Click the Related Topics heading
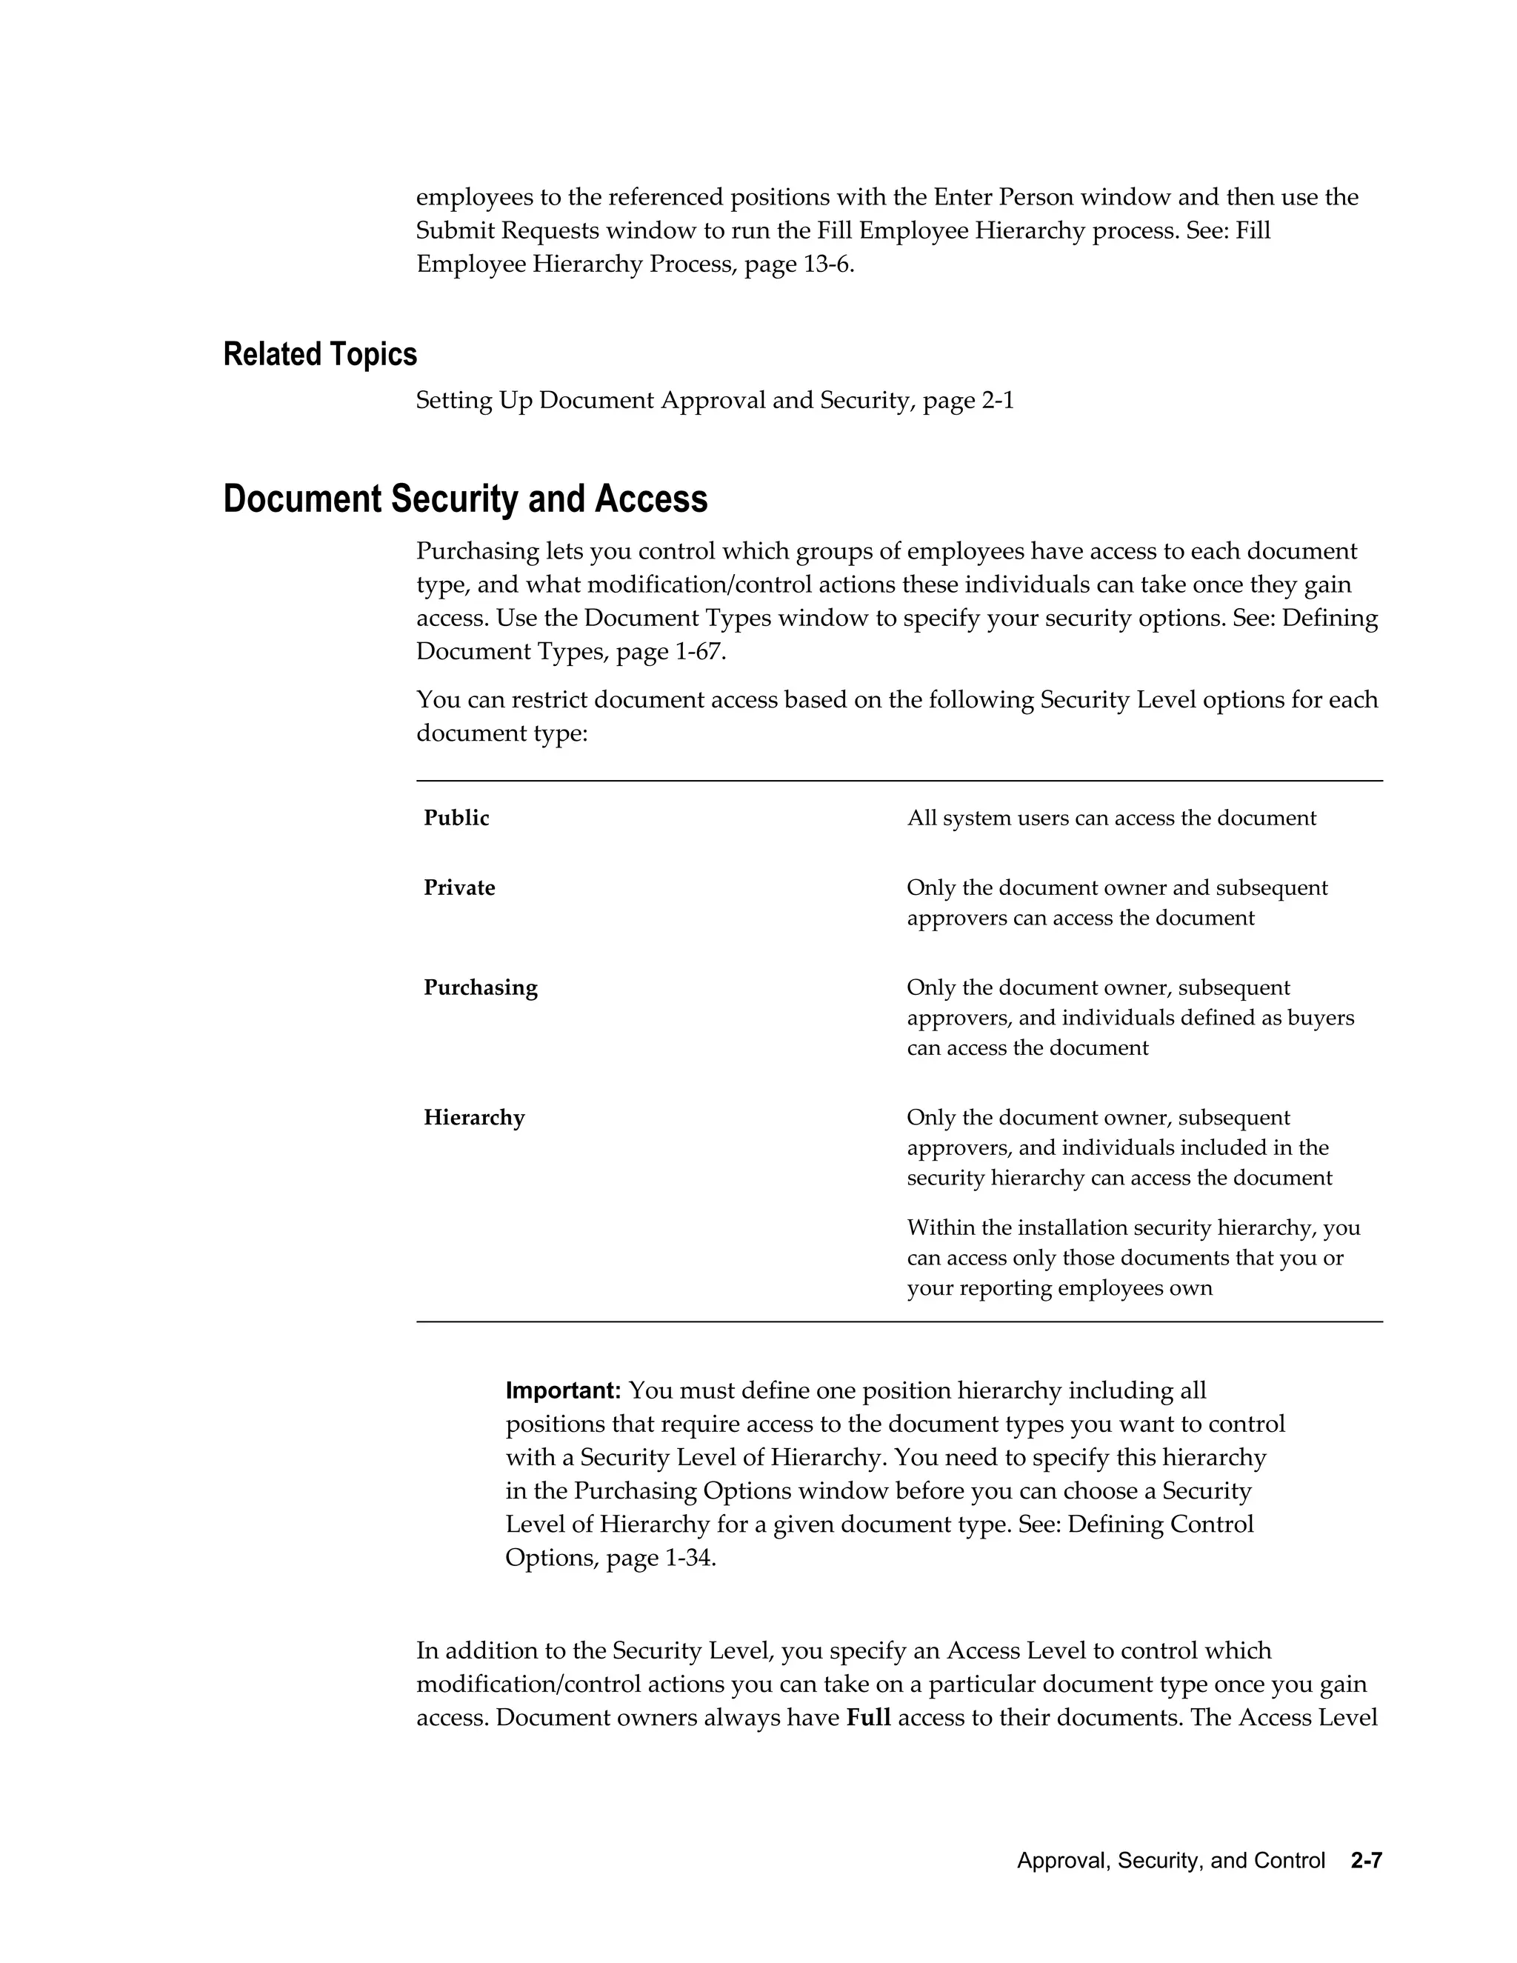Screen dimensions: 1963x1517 [x=320, y=354]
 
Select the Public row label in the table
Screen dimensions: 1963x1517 [x=456, y=818]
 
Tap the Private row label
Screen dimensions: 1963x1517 [x=459, y=888]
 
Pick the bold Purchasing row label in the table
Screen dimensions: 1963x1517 [x=481, y=987]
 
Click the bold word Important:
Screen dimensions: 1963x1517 [x=564, y=1390]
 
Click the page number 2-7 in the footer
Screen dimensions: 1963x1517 [x=1365, y=1861]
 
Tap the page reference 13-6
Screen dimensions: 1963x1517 [x=826, y=265]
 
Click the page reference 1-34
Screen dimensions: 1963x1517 [x=690, y=1558]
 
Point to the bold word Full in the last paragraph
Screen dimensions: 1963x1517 [x=868, y=1718]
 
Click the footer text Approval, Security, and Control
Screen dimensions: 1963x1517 [x=1171, y=1861]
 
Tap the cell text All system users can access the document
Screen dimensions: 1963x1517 [x=1112, y=818]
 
